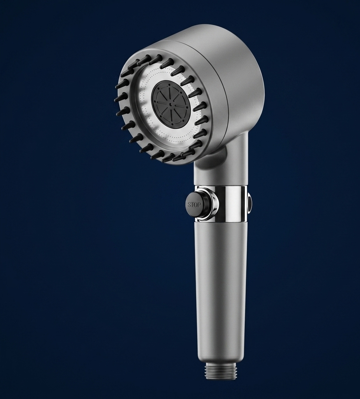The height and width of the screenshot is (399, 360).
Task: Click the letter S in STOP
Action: tap(189, 204)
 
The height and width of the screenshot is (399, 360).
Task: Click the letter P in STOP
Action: tap(198, 205)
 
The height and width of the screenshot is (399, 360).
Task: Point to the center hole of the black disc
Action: tap(170, 104)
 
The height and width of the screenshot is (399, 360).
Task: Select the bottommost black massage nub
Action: tap(167, 158)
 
